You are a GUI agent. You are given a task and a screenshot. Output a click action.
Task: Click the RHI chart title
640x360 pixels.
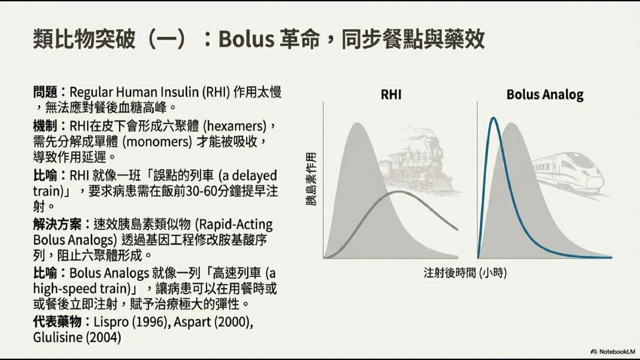coord(390,94)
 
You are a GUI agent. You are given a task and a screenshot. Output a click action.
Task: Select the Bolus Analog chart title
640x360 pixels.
coord(544,94)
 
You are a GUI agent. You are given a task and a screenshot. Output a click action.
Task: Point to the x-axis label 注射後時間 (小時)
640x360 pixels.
coord(465,273)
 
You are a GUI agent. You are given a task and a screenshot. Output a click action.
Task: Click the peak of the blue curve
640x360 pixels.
coord(493,118)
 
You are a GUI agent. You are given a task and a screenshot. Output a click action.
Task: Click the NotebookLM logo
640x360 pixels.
coord(612,351)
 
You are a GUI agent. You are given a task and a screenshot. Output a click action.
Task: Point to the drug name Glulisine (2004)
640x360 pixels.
coord(77,337)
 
